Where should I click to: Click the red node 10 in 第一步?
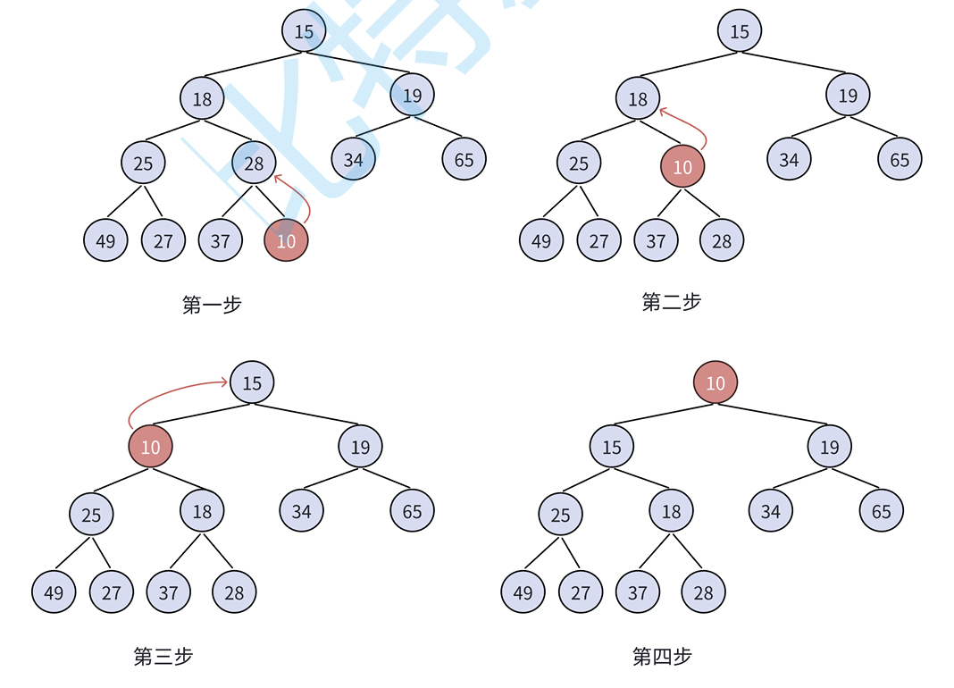pos(286,239)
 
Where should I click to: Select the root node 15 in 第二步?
pos(740,31)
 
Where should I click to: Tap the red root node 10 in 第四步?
pos(715,382)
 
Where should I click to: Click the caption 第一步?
pos(212,305)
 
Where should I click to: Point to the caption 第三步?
pos(163,657)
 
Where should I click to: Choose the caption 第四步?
pos(662,657)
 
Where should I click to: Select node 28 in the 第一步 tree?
pos(254,163)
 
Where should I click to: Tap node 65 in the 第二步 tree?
pos(900,159)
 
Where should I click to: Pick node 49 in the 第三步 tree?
pos(54,592)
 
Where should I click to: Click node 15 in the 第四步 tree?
pos(612,446)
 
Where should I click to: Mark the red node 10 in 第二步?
pos(682,166)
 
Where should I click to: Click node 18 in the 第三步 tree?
pos(202,510)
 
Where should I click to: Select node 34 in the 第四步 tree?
pos(771,510)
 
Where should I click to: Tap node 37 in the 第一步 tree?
pos(221,239)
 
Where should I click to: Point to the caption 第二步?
pos(672,302)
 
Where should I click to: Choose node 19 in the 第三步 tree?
pos(360,446)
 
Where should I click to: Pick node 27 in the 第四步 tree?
pos(581,592)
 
